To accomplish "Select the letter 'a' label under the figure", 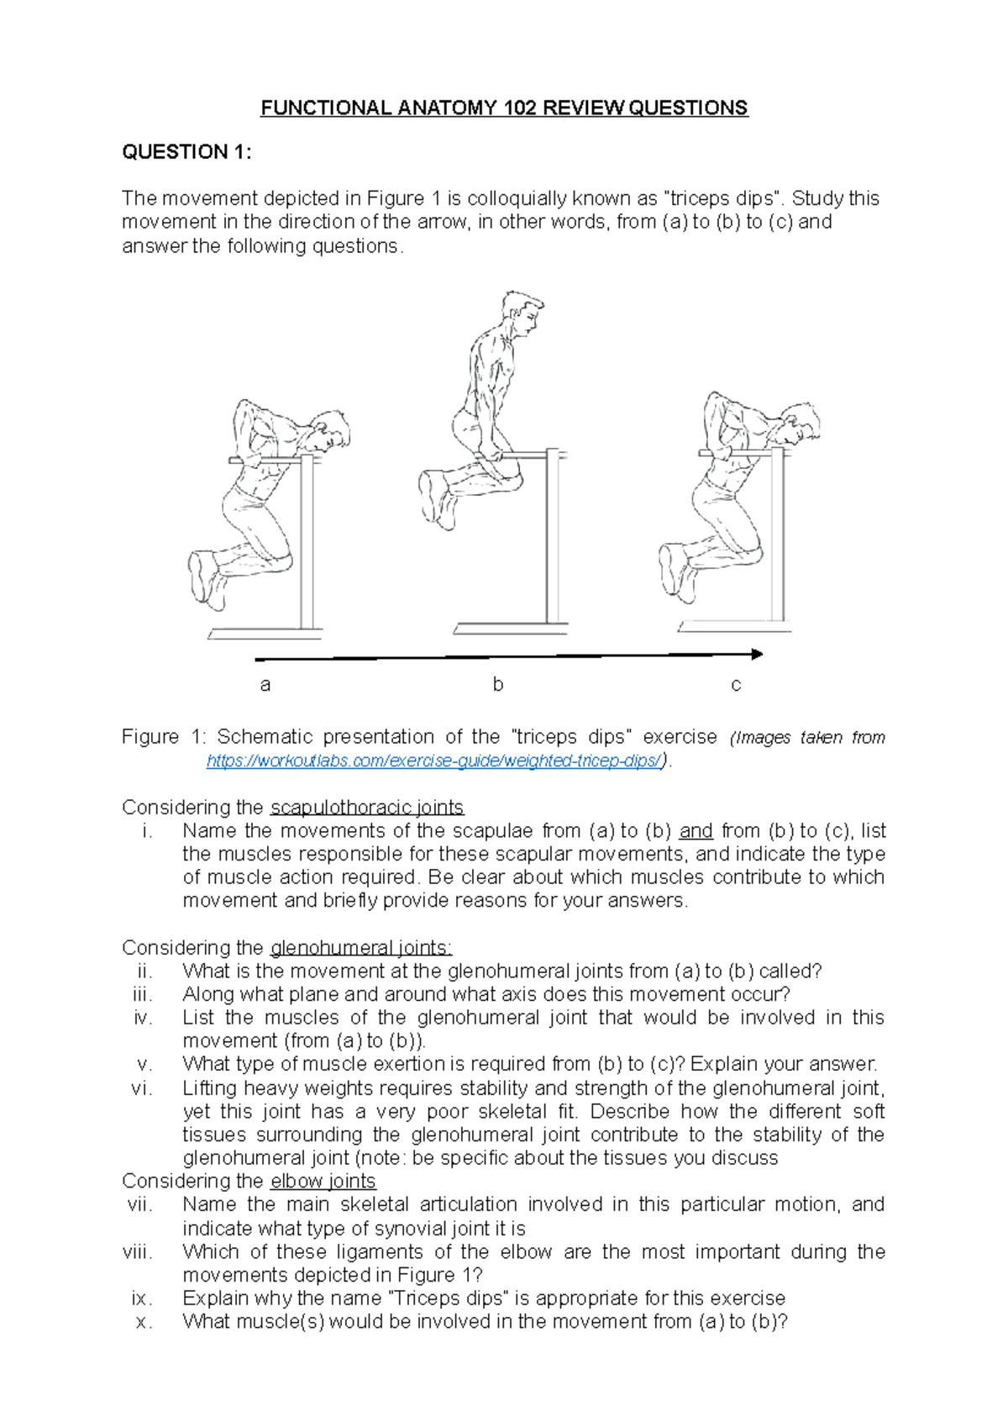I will (x=265, y=685).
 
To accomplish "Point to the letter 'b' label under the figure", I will (x=498, y=685).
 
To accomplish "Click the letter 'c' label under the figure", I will (x=736, y=685).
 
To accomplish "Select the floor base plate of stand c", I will (x=735, y=626).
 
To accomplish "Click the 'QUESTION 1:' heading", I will (x=186, y=152).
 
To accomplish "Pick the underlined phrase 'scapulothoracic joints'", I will (x=367, y=808).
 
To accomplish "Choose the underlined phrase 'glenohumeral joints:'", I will (x=361, y=948).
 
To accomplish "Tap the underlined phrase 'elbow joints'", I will (x=323, y=1181).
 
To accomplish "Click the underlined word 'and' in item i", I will (x=696, y=831).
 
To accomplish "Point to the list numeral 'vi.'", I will (x=142, y=1088).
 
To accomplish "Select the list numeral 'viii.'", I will (x=138, y=1252).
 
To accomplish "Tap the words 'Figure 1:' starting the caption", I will (x=164, y=737).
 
